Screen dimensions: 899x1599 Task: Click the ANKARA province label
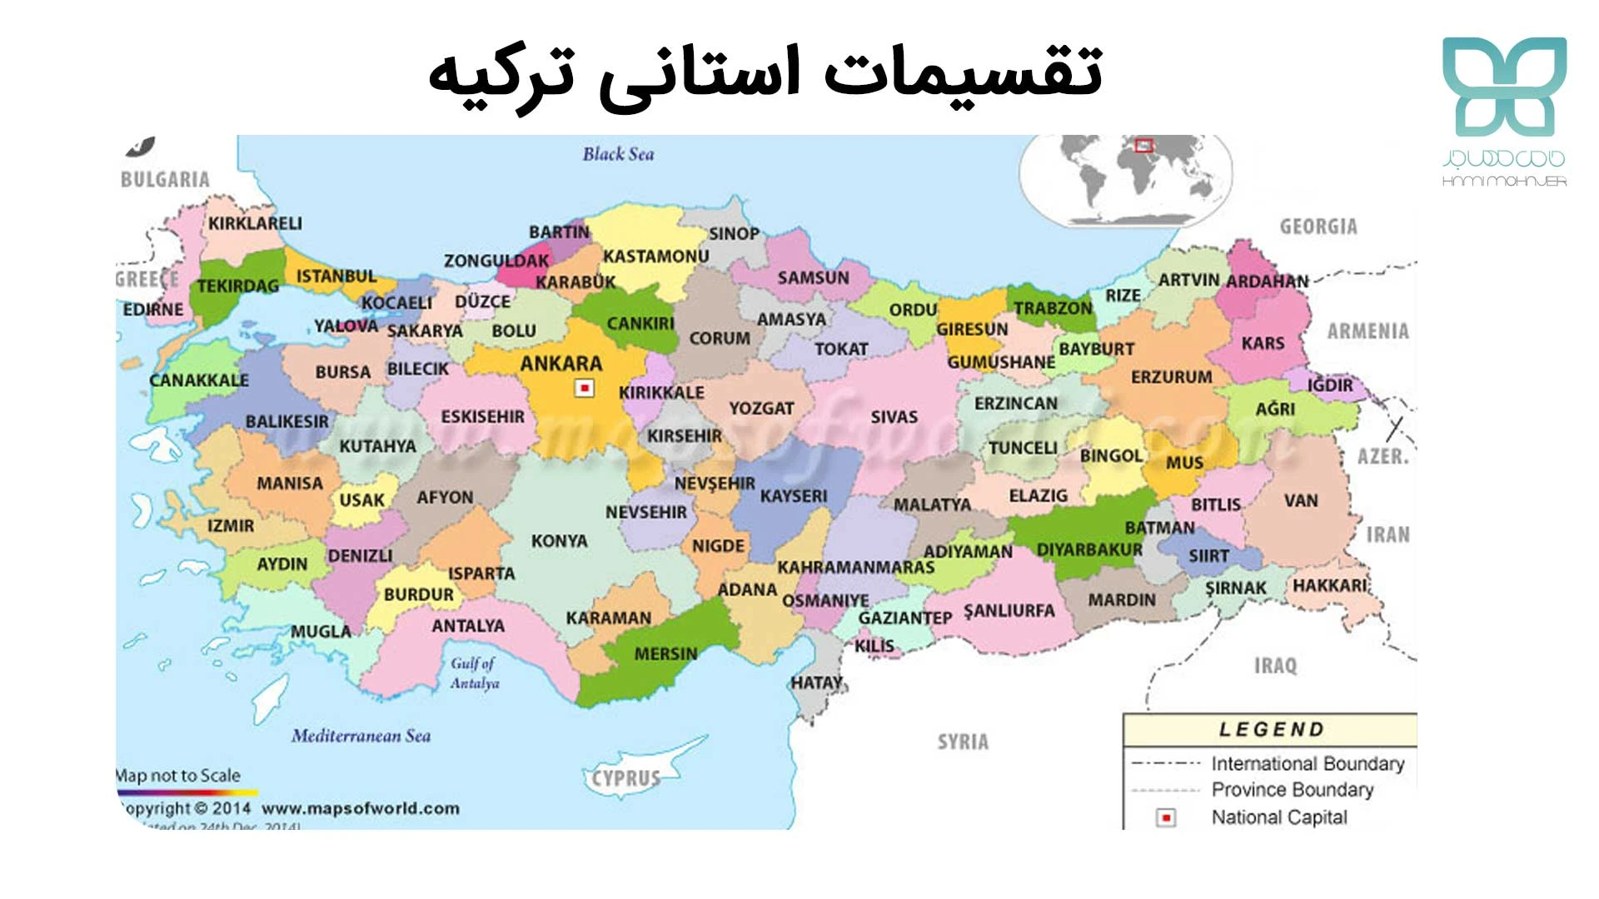(560, 364)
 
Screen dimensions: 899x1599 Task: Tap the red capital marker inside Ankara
(585, 389)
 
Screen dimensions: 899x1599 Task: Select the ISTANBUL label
(336, 276)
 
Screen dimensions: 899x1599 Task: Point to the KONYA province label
(559, 541)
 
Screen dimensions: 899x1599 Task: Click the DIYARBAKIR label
(1088, 550)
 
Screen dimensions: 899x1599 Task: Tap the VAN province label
(1300, 501)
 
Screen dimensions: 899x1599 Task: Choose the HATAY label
(816, 683)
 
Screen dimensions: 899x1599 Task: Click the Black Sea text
(618, 154)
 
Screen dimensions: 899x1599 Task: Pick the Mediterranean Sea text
(361, 736)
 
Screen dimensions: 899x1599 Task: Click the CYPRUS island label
(626, 779)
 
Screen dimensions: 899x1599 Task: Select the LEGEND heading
(1271, 730)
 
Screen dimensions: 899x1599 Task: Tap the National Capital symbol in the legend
(1167, 818)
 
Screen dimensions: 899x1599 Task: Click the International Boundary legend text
(1307, 763)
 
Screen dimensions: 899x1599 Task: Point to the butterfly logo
(1504, 87)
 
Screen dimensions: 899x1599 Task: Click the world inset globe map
(1125, 180)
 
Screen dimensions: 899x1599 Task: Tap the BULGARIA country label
(165, 180)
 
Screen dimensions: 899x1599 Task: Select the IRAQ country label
(1275, 666)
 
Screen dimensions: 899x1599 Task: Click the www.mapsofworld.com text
(360, 809)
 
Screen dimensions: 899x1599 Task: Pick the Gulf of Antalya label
(474, 673)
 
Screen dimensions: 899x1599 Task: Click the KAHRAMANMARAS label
(855, 568)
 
